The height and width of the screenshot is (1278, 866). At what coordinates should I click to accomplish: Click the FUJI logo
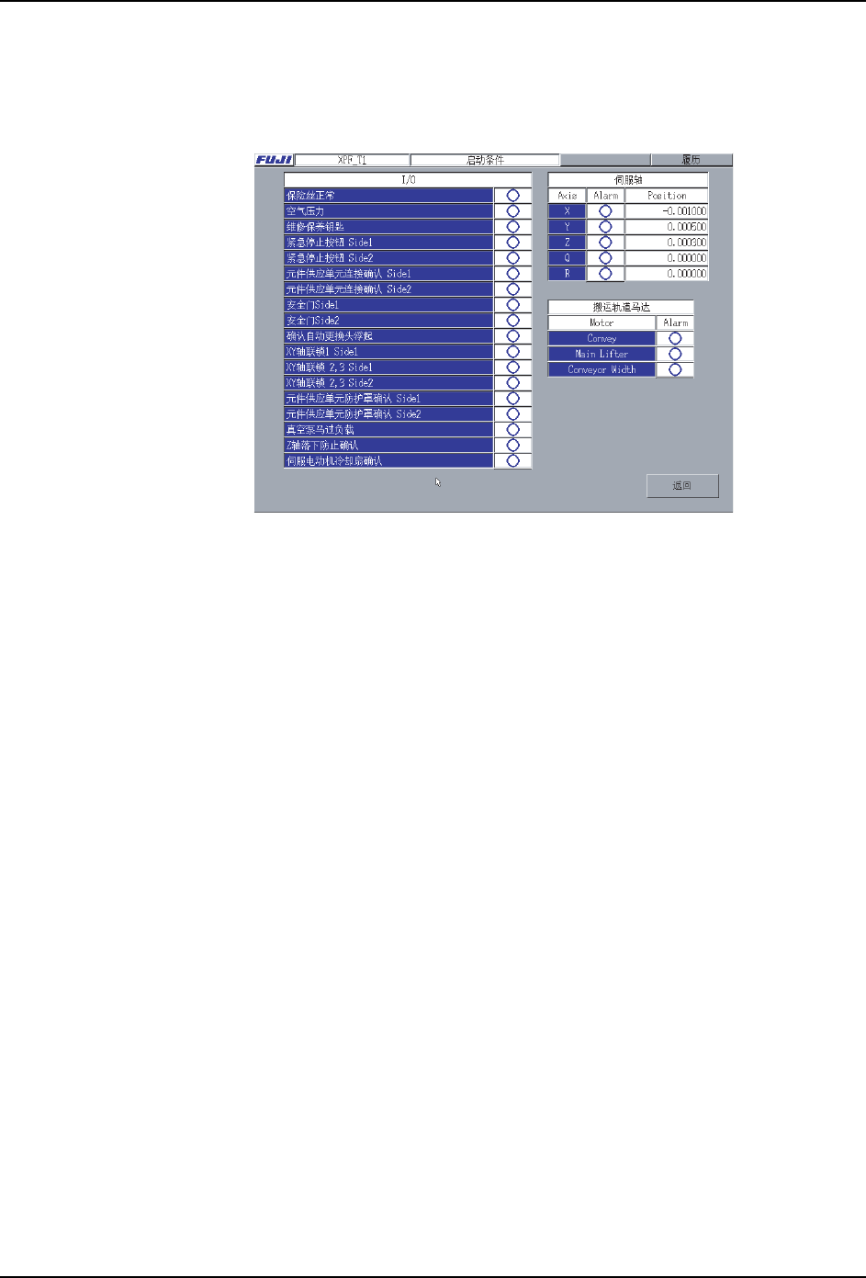click(274, 160)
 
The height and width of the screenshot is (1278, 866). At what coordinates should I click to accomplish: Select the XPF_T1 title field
click(353, 160)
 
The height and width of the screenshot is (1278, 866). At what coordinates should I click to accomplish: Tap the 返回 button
click(681, 486)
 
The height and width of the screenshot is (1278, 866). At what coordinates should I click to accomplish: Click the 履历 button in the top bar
click(691, 160)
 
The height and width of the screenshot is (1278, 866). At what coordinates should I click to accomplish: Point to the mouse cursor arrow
click(438, 481)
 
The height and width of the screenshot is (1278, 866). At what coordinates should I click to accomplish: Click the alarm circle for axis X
click(605, 211)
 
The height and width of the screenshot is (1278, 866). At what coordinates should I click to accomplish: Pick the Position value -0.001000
click(667, 211)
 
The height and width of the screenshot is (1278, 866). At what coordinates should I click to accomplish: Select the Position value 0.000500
click(667, 227)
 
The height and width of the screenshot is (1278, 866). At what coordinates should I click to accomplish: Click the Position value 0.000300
click(667, 243)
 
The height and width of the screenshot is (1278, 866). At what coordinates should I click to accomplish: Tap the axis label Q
click(567, 258)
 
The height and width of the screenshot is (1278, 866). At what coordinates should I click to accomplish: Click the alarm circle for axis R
click(605, 274)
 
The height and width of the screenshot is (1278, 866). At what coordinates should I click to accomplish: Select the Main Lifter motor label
click(602, 354)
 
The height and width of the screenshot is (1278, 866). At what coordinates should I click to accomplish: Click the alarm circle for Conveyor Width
click(675, 369)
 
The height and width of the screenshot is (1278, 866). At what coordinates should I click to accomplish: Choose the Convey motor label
click(602, 338)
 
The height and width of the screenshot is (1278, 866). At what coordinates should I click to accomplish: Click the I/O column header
click(408, 180)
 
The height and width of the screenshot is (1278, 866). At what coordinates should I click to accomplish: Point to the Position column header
click(667, 196)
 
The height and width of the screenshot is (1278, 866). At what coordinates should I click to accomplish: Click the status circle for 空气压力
click(512, 211)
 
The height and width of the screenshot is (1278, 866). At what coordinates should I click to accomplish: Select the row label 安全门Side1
click(388, 305)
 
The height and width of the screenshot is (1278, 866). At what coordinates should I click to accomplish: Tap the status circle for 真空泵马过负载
click(512, 430)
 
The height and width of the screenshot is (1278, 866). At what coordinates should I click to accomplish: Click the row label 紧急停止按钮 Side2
click(388, 258)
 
